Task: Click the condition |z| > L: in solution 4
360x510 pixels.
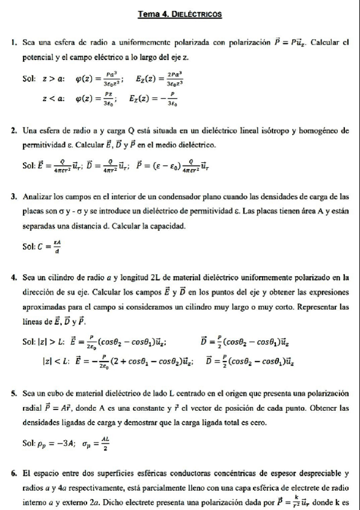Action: point(51,342)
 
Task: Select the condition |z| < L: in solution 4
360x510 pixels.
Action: point(51,362)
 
